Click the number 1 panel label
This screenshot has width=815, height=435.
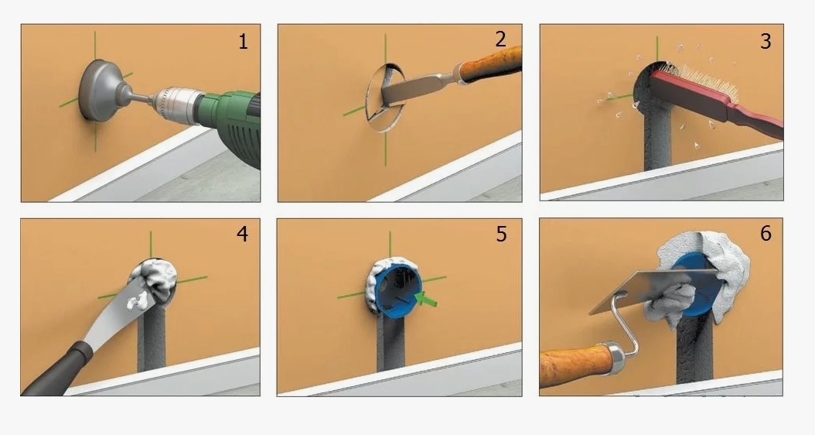click(243, 41)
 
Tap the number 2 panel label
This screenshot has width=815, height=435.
click(500, 39)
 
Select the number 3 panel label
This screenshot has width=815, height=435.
click(765, 41)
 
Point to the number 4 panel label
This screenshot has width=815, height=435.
click(242, 235)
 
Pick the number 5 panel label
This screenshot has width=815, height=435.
click(501, 235)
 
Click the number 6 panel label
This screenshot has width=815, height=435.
click(766, 233)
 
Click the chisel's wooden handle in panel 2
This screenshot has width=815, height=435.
click(491, 64)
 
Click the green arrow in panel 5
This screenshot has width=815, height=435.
click(427, 300)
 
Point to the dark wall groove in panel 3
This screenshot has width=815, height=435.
click(658, 138)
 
